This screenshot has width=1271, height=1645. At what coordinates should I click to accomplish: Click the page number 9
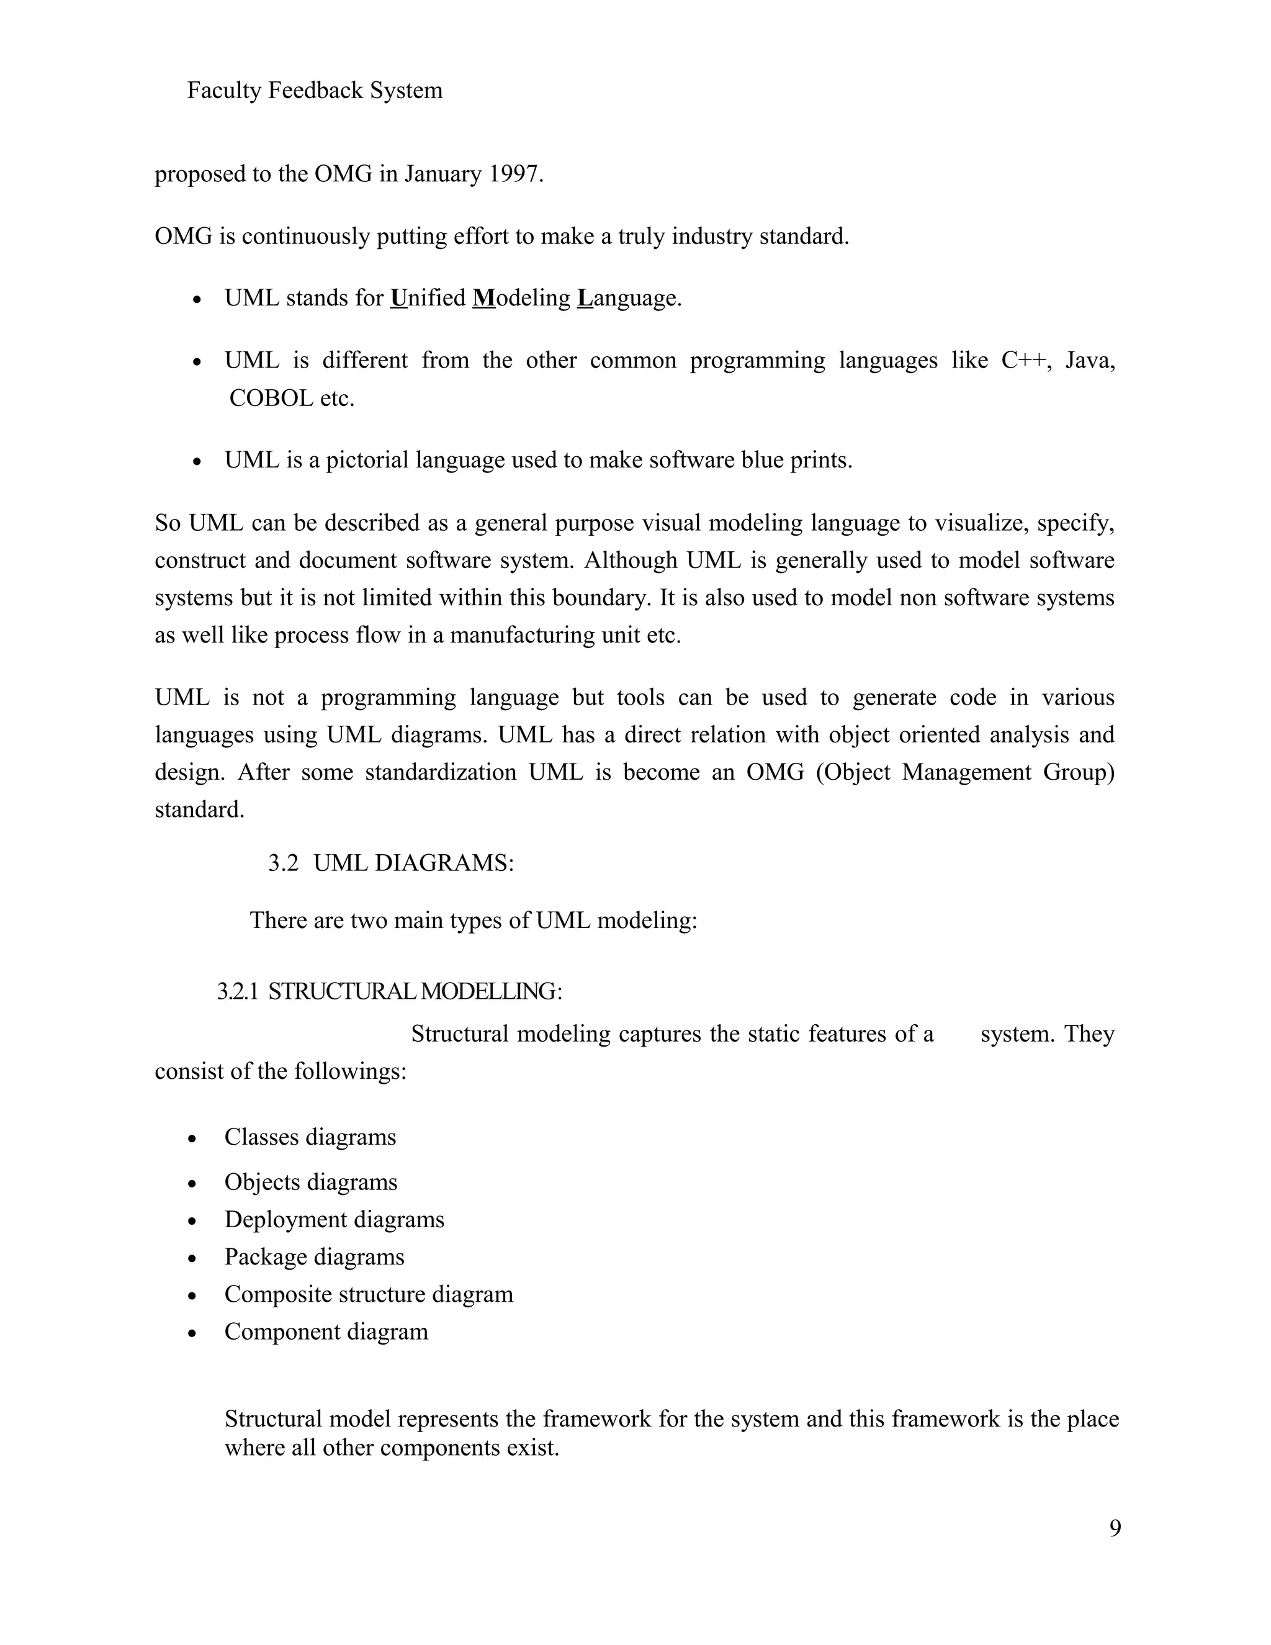(1115, 1528)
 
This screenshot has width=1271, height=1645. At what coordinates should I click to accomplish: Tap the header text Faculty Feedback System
(314, 91)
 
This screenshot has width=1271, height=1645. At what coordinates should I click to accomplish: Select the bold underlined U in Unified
(398, 298)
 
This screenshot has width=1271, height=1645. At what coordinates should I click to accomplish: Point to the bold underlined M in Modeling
(483, 298)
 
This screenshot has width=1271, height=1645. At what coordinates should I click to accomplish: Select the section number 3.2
(283, 862)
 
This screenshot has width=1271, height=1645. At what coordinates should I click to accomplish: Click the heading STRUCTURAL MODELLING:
(415, 991)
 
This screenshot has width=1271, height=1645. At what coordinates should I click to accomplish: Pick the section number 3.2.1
(237, 991)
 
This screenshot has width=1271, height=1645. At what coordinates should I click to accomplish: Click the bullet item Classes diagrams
(310, 1137)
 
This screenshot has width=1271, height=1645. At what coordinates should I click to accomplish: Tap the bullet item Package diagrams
(314, 1256)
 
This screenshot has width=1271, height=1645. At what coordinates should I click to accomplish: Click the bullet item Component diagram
(326, 1332)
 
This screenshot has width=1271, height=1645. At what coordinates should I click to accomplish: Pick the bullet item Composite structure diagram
(368, 1294)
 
